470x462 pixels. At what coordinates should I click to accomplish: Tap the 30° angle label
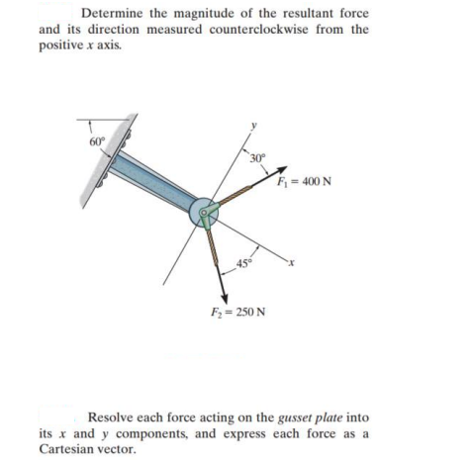tap(257, 163)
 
